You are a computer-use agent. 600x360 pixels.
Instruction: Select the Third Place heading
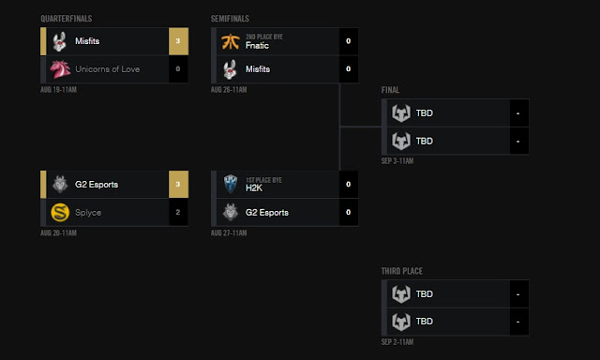pos(401,271)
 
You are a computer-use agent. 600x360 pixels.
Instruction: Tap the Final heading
pos(390,90)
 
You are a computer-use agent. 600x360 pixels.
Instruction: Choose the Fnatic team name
pos(256,45)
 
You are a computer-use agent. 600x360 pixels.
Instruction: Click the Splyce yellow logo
pos(59,212)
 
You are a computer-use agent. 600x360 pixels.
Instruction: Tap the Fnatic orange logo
pos(231,41)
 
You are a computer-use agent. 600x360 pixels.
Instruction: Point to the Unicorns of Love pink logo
pos(59,68)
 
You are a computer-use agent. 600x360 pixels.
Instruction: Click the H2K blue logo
pos(231,185)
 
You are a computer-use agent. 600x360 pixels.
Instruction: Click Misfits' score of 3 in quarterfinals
pos(178,41)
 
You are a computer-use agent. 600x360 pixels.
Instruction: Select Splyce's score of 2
pos(178,212)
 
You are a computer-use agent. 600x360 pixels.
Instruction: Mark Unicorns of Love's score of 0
pos(178,68)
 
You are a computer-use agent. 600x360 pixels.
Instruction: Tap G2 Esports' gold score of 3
pos(178,185)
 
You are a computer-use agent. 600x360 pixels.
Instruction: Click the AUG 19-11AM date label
pos(58,89)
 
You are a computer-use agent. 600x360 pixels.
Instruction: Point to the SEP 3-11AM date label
pos(397,160)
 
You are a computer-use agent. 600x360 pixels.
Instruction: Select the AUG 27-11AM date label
pos(229,232)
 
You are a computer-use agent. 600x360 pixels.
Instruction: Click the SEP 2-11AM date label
pos(397,340)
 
